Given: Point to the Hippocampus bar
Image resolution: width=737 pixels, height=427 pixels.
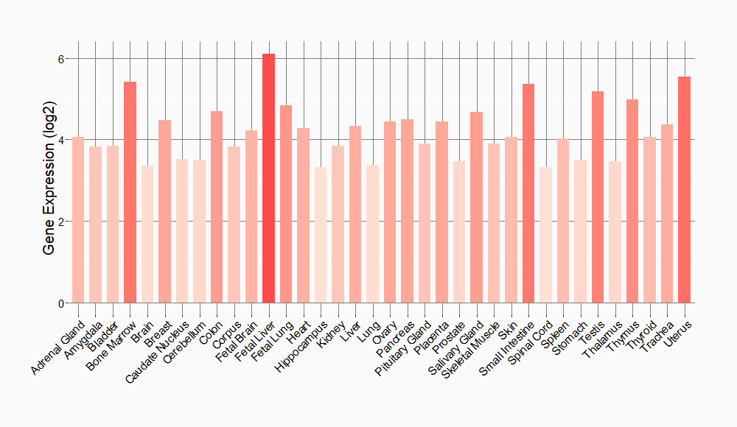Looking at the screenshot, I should pos(321,235).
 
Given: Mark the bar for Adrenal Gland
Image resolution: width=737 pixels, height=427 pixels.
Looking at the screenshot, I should pos(78,220).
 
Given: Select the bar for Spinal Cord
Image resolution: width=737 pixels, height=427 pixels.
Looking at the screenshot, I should pos(545,235).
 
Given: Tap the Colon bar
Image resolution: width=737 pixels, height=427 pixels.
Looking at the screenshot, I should pos(217,207).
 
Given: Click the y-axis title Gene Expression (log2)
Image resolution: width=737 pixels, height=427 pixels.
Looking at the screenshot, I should pos(49,180).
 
